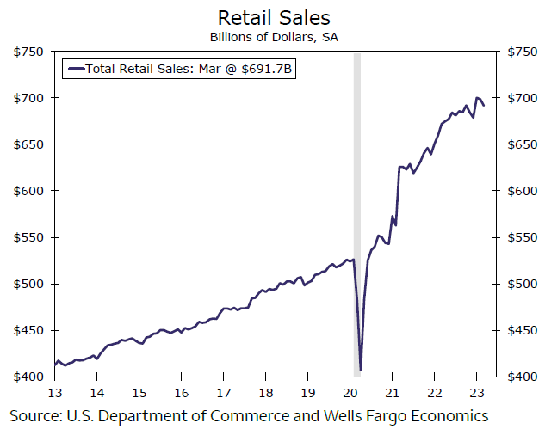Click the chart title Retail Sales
[x=272, y=17]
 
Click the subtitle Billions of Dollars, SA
[x=272, y=37]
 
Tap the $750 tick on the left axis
[x=29, y=52]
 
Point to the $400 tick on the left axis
[x=29, y=377]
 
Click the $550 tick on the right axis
[x=525, y=237]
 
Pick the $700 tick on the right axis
[x=525, y=98]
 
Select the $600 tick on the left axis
[x=29, y=191]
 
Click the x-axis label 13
[x=55, y=393]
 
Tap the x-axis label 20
[x=350, y=393]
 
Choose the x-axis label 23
[x=476, y=393]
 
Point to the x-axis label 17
[x=223, y=393]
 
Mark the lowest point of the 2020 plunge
[x=361, y=370]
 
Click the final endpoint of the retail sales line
[x=484, y=105]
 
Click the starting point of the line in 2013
[x=55, y=365]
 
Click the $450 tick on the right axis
[x=525, y=330]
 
